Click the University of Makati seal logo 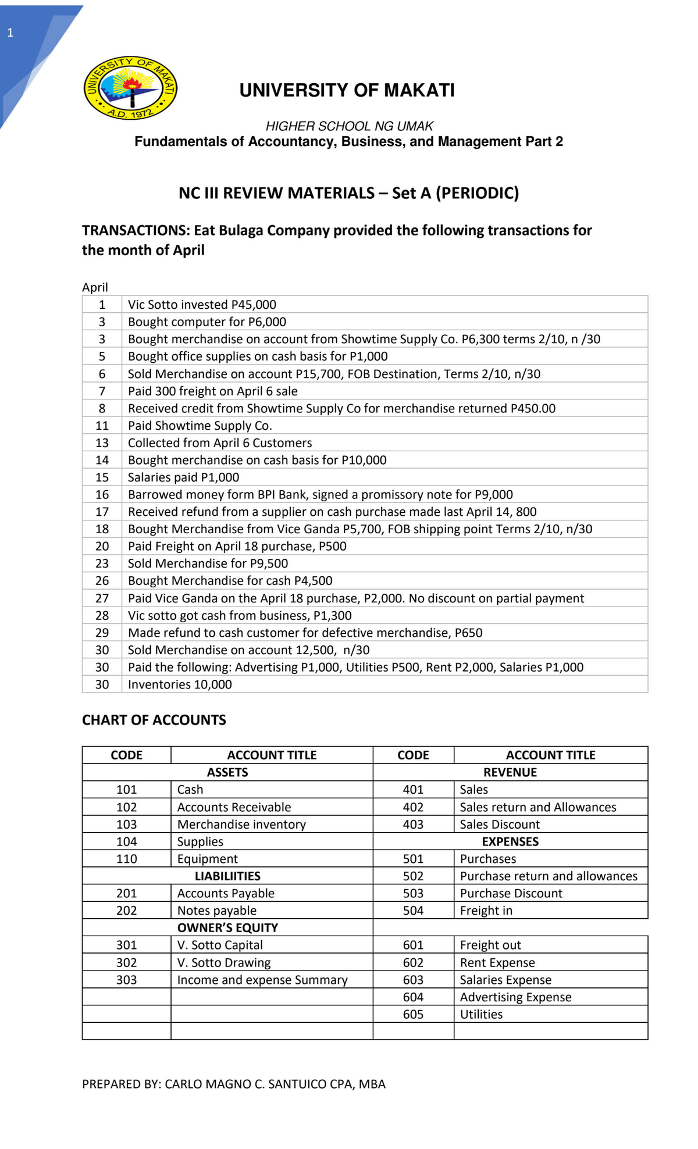[x=130, y=88]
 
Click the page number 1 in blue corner [x=10, y=33]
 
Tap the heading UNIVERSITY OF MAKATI [x=347, y=90]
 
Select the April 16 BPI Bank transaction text [x=320, y=494]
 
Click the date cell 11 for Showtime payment [x=102, y=426]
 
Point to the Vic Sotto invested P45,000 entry [x=202, y=305]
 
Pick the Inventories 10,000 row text [x=180, y=684]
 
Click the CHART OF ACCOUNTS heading [x=154, y=720]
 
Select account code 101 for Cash [x=126, y=790]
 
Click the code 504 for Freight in [x=413, y=911]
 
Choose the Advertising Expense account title [x=515, y=997]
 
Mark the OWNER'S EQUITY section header [x=227, y=927]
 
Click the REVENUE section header [x=510, y=772]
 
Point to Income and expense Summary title [x=262, y=980]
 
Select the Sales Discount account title [x=499, y=825]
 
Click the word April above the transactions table [x=95, y=287]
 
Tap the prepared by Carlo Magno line [x=233, y=1084]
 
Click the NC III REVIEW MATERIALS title [x=348, y=193]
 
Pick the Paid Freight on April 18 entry [x=237, y=546]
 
